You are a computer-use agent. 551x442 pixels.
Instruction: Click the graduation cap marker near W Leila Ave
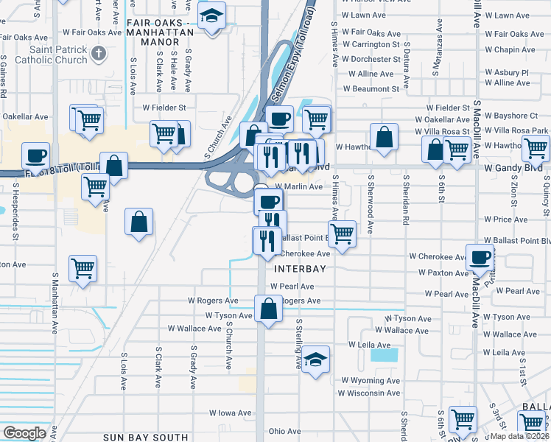(315, 360)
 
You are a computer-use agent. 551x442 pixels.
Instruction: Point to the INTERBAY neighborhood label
(300, 270)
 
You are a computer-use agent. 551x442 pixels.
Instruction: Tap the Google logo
(24, 433)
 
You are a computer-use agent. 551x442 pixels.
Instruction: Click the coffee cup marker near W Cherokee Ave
(480, 258)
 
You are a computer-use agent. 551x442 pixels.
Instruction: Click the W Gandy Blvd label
(513, 169)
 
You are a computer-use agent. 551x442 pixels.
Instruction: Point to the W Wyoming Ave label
(370, 381)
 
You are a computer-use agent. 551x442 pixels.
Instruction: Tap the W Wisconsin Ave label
(370, 393)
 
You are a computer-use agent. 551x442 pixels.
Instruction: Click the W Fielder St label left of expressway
(169, 108)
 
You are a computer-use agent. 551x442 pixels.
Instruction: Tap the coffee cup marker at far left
(35, 156)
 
